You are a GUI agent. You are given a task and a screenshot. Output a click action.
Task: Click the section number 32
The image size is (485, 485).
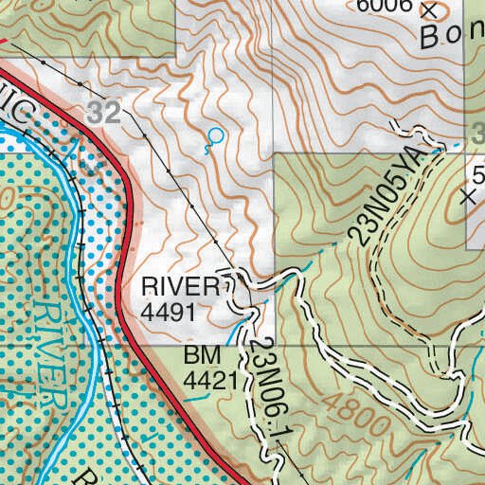(x=107, y=113)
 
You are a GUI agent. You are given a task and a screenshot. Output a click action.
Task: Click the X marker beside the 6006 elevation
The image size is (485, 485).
(x=431, y=10)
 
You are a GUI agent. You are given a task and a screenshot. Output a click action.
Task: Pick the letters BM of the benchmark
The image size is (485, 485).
(x=202, y=356)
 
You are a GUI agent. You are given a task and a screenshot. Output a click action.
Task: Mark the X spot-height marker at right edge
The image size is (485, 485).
(x=468, y=197)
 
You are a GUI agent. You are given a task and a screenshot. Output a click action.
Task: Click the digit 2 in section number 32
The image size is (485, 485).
(x=115, y=113)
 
